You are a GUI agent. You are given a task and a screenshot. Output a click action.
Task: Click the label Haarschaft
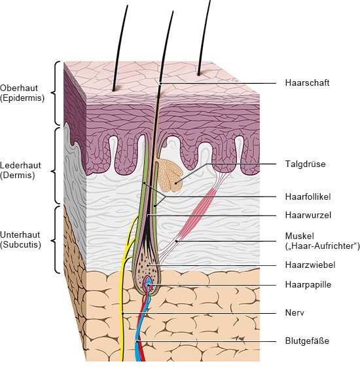[x=307, y=83]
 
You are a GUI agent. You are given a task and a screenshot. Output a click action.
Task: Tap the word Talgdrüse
[x=305, y=164]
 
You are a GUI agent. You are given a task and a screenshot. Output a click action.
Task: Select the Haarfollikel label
[x=308, y=196]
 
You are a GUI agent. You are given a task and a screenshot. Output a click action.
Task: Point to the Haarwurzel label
[x=308, y=215]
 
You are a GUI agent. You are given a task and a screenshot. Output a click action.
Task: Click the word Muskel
[x=299, y=236]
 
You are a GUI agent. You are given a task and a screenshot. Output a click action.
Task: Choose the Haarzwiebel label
[x=310, y=265]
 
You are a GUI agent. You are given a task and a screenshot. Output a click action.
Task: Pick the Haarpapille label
[x=308, y=284]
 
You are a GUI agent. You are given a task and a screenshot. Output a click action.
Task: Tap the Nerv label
[x=295, y=312]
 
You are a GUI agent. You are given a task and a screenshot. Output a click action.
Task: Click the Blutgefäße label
[x=307, y=341]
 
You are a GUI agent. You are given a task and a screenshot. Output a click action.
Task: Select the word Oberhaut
[x=19, y=88]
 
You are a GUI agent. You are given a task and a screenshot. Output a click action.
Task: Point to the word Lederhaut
[x=20, y=165]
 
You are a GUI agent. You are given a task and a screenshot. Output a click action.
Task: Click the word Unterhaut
[x=20, y=234]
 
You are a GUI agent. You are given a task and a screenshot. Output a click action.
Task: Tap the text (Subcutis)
[x=20, y=245]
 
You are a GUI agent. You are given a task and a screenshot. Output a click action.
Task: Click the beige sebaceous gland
[x=170, y=176]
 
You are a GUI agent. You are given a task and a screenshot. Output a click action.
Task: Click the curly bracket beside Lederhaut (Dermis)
[x=56, y=166]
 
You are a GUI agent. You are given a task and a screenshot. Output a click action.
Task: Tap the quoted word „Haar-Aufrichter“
[x=322, y=246]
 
